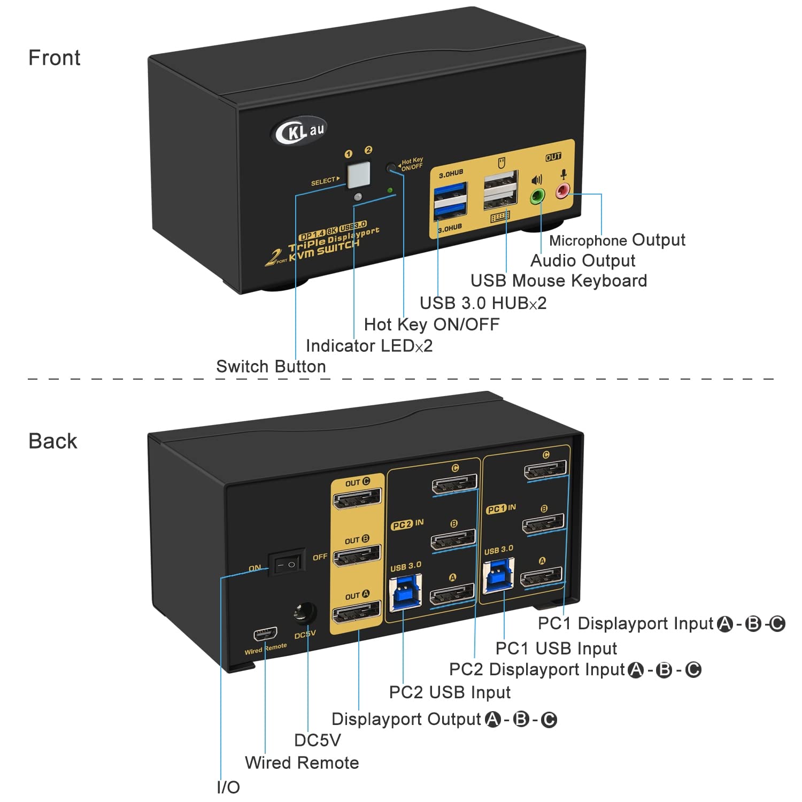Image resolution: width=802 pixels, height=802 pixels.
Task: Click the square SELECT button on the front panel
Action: (359, 174)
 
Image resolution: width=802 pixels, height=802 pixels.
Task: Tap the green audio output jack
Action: (537, 196)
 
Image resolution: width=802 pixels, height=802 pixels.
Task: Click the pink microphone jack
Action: (562, 190)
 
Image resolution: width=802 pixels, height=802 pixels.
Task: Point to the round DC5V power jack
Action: (305, 613)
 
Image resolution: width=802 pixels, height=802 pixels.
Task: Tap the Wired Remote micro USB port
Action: (265, 635)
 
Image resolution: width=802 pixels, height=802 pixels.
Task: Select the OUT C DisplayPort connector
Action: (357, 499)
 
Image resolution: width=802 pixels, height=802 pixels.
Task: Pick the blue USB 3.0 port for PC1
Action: (498, 576)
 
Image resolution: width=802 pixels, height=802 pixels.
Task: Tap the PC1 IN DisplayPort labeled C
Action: (545, 471)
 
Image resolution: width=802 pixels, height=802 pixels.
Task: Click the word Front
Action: (54, 58)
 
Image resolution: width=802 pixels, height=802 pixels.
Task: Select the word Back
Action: (52, 441)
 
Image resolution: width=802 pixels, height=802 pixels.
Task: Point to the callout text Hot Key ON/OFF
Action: (431, 324)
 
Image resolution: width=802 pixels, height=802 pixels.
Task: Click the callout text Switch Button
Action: (271, 366)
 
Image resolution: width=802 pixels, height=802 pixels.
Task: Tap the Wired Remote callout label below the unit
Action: (302, 762)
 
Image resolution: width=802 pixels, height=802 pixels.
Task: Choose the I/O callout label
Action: (228, 787)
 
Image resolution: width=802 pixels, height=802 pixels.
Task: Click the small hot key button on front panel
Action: (392, 167)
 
